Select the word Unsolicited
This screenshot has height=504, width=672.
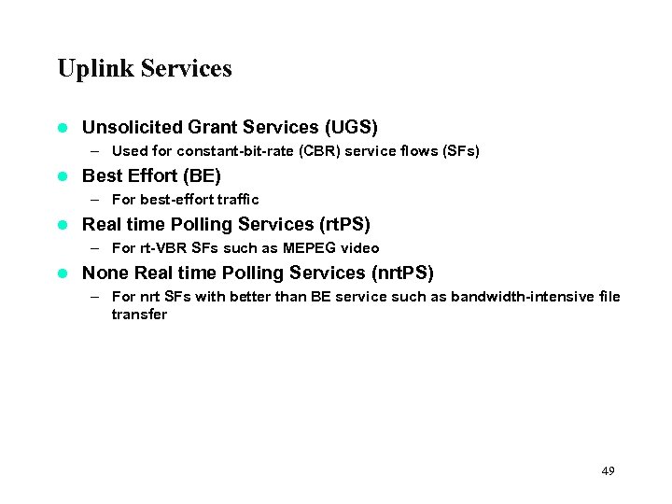point(133,127)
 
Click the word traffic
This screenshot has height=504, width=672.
point(239,200)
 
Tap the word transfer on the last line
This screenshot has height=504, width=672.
point(139,315)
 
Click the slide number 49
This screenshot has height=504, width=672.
point(608,471)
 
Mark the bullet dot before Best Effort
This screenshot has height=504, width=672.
point(63,175)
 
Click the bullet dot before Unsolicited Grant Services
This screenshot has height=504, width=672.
point(63,127)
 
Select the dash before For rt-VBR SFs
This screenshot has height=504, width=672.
point(96,248)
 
